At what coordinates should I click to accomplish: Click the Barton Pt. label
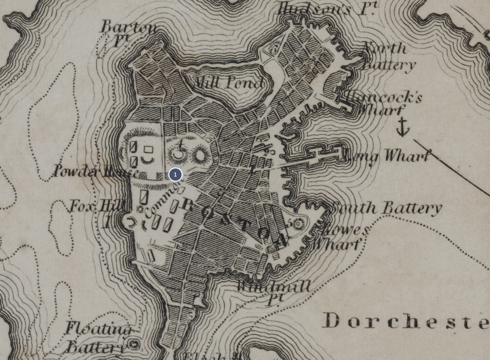point(128,32)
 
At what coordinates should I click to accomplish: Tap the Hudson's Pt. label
point(327,9)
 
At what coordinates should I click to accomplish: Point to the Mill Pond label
point(230,83)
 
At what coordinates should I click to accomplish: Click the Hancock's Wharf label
point(384,103)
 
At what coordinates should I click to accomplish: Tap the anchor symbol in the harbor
point(403,127)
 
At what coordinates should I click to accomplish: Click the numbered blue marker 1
point(175,175)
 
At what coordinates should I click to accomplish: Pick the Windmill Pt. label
point(273,290)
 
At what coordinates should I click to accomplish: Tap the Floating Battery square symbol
point(134,344)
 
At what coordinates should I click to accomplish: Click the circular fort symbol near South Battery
point(297,224)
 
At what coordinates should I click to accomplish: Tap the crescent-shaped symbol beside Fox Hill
point(130,223)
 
